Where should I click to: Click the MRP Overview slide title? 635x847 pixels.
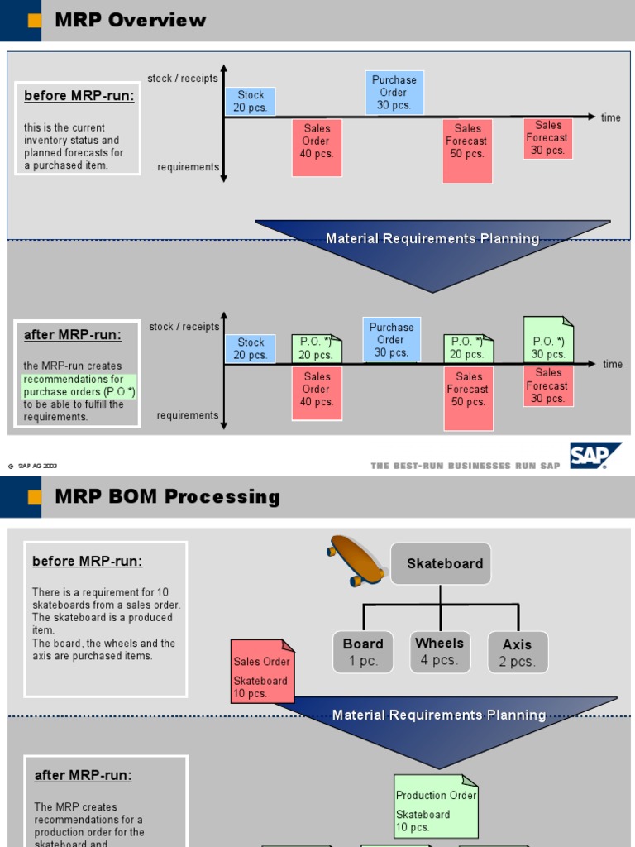click(131, 21)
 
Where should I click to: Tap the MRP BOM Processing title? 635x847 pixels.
click(167, 497)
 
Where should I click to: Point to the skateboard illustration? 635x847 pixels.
click(356, 560)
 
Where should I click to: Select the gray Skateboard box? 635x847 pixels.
click(441, 564)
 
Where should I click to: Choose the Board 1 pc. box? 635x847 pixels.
click(363, 653)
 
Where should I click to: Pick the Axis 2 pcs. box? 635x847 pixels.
click(517, 653)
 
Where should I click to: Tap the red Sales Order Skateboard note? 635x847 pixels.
click(261, 672)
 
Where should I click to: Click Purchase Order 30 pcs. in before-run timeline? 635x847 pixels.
click(394, 93)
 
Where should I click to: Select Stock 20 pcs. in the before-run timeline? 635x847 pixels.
click(251, 102)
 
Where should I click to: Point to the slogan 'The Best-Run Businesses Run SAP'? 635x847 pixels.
click(466, 466)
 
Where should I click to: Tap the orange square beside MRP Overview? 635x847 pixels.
click(35, 21)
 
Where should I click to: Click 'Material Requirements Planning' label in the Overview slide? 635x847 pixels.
click(432, 239)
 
